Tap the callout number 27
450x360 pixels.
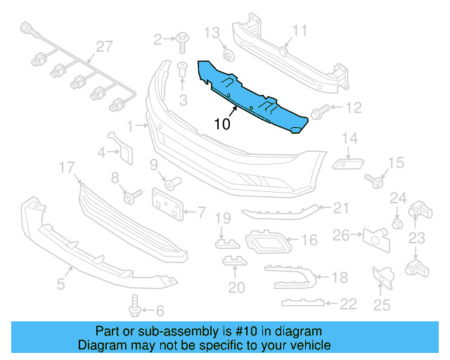(104, 46)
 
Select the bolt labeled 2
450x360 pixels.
(181, 40)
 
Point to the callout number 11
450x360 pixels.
(300, 30)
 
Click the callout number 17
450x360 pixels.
(67, 167)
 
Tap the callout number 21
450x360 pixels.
(341, 207)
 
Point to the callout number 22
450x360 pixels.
(348, 304)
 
